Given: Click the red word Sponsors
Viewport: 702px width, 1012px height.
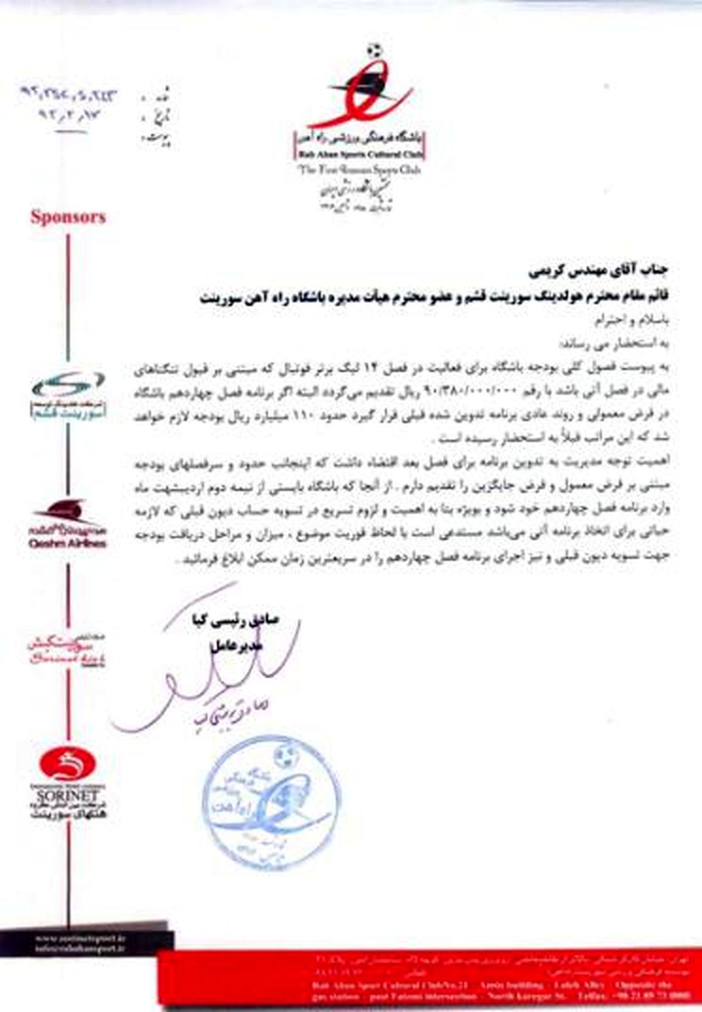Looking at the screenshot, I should [68, 217].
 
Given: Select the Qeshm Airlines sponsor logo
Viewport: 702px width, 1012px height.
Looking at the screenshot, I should [67, 524].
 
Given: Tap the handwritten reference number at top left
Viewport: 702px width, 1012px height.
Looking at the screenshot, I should [68, 94].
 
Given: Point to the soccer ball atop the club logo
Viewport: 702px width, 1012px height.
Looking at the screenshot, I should [376, 50].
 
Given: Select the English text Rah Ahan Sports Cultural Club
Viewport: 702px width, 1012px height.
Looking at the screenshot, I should [359, 156].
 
